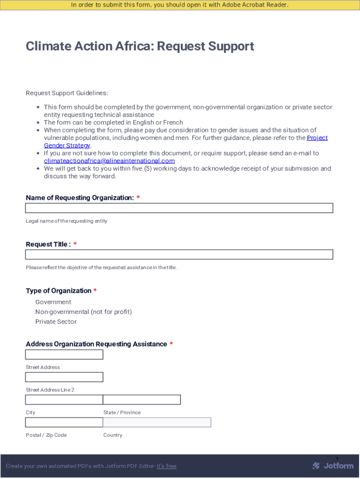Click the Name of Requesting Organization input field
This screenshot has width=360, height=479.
pos(179,208)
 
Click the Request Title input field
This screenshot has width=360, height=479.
pos(179,254)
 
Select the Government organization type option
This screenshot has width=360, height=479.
pos(53,302)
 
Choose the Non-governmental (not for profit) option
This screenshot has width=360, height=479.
pos(83,312)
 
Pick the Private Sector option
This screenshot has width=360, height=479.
pos(56,322)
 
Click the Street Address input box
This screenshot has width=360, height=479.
pos(64,355)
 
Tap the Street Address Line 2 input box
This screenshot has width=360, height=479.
pos(64,377)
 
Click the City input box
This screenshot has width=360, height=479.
pos(64,400)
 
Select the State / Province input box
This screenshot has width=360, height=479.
pos(142,400)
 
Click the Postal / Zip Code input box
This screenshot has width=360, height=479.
pos(64,422)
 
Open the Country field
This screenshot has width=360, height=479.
pos(157,422)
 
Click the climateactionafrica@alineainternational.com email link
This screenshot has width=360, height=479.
pos(109,161)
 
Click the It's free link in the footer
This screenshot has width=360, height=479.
pos(166,466)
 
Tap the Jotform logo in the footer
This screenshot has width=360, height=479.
pos(333,466)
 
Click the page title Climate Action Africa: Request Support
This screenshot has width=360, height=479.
pos(140,46)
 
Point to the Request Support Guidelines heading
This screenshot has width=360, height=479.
pos(67,93)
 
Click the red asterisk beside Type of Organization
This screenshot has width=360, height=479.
pos(95,291)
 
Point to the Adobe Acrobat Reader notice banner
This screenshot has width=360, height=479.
pos(180,5)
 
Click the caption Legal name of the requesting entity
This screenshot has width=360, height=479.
pos(66,221)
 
